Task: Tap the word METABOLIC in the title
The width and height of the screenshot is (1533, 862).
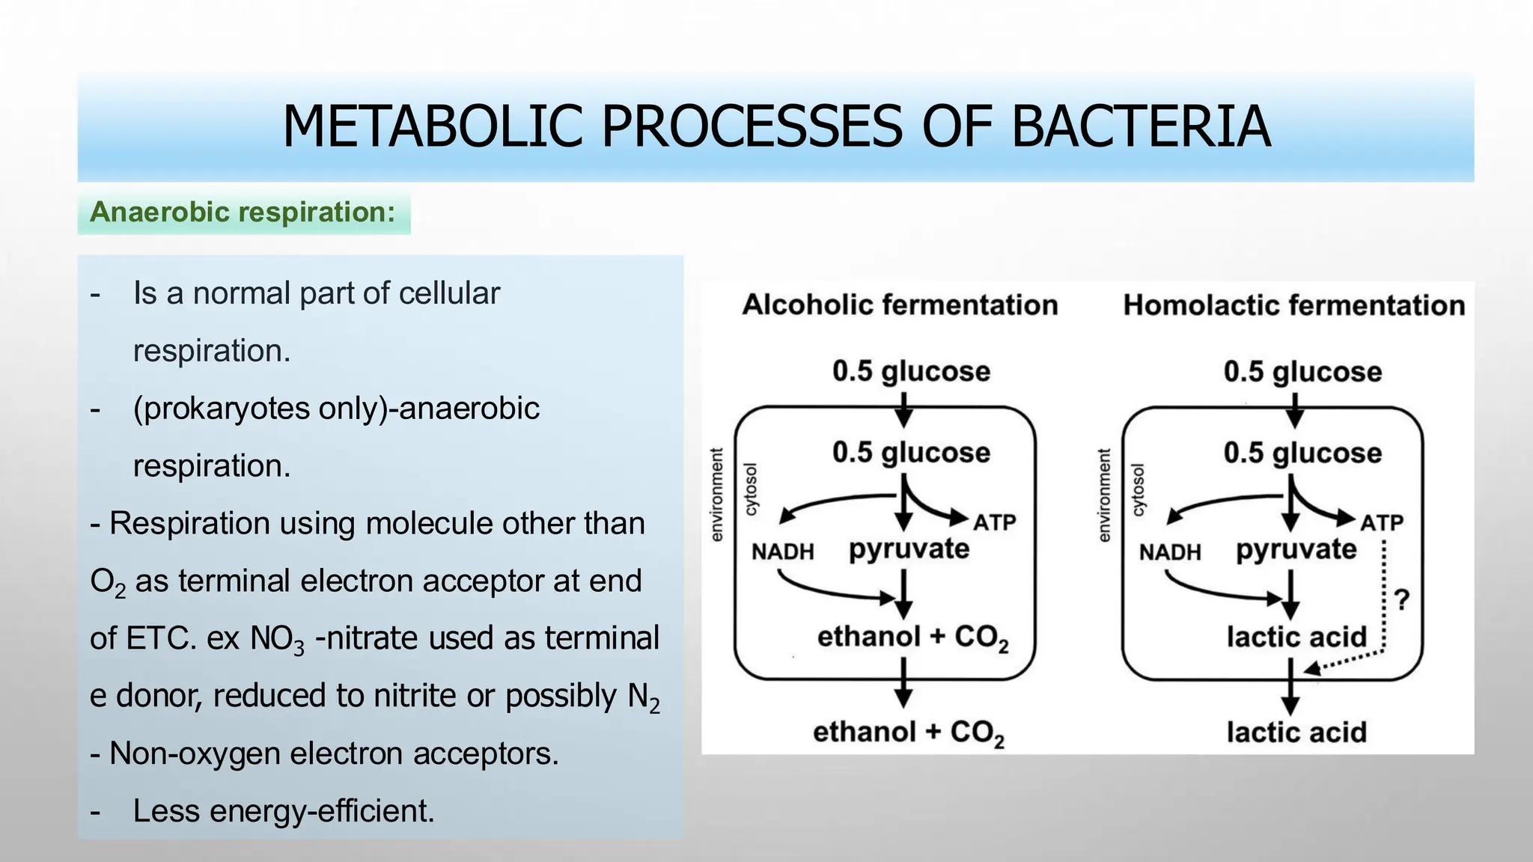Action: point(432,126)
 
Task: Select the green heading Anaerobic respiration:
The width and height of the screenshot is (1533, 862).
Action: point(243,213)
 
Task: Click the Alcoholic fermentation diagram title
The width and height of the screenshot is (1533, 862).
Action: point(900,305)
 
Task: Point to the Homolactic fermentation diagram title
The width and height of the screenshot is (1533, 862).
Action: point(1293,305)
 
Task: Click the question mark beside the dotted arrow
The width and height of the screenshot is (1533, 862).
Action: point(1402,599)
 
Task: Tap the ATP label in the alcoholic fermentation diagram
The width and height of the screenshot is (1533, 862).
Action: point(994,522)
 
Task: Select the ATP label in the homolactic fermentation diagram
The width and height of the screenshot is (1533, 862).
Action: point(1382,522)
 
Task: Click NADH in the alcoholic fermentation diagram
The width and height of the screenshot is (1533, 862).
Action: point(782,552)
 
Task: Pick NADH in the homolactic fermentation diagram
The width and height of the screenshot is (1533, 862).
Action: point(1170,552)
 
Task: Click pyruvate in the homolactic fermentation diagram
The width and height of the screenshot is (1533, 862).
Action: point(1296,550)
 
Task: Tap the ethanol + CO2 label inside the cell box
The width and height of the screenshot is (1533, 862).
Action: point(912,638)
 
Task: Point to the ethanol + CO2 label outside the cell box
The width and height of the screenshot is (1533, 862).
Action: point(908,733)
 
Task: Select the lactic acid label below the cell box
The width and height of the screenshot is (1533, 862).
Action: point(1296,733)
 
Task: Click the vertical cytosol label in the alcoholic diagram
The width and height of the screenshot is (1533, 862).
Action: point(751,489)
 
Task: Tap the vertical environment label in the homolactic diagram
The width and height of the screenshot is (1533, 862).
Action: point(1103,495)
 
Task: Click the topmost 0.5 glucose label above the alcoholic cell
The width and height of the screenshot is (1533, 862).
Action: point(911,371)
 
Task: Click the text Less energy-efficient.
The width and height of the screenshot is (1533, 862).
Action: point(284,811)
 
